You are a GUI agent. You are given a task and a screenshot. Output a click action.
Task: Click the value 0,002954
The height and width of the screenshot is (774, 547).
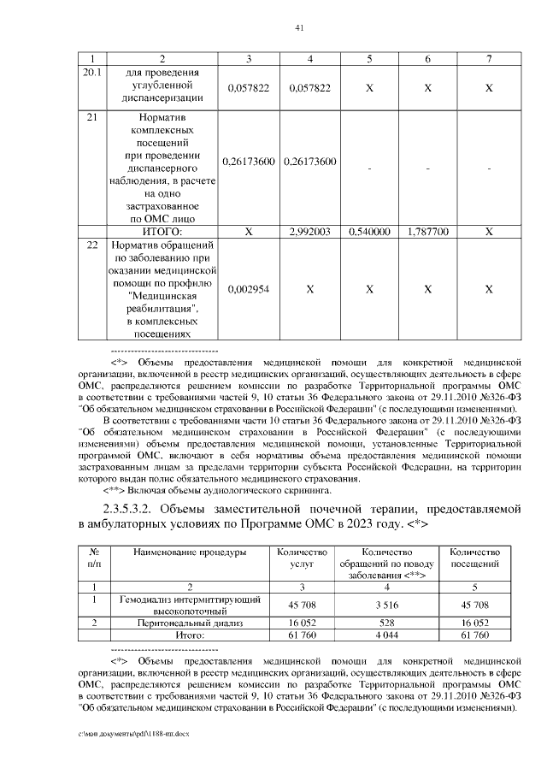point(249,290)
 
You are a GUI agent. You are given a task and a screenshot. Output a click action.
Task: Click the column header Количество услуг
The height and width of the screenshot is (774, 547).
point(297,558)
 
